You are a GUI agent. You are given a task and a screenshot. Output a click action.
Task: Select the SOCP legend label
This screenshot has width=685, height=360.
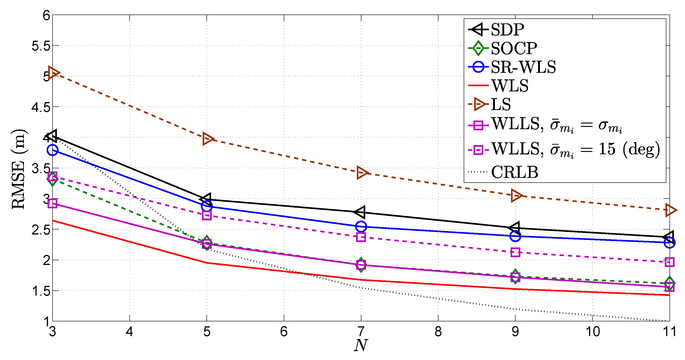(x=514, y=48)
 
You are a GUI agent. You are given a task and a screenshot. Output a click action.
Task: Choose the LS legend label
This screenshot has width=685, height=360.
(x=501, y=104)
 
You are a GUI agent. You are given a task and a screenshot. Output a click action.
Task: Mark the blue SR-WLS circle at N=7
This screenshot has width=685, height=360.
(x=361, y=227)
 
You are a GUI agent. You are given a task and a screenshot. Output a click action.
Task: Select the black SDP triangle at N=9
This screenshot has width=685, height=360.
(x=515, y=228)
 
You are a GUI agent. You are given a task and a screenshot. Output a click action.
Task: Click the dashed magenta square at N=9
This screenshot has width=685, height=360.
(x=515, y=252)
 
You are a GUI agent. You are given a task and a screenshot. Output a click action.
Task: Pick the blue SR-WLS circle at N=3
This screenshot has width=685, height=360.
(x=52, y=150)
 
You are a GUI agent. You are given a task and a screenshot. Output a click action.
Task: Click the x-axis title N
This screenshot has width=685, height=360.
(x=361, y=345)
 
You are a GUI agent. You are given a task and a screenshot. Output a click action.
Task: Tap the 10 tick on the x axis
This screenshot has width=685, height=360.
(x=592, y=332)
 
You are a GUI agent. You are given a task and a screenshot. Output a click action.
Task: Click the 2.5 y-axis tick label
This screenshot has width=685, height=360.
(x=41, y=230)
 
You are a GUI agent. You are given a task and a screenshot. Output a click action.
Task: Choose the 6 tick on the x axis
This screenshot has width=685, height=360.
(x=284, y=332)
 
